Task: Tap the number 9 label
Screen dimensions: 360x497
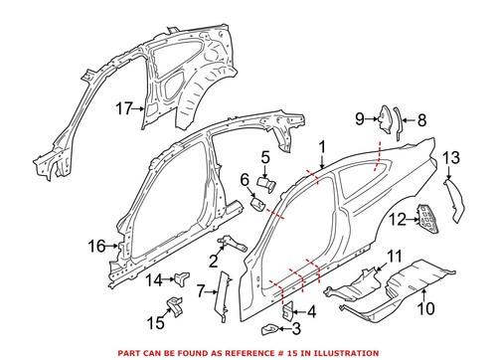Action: pyautogui.click(x=360, y=120)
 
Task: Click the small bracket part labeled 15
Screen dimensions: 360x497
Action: pyautogui.click(x=176, y=305)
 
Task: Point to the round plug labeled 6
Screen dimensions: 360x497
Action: pyautogui.click(x=255, y=205)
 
